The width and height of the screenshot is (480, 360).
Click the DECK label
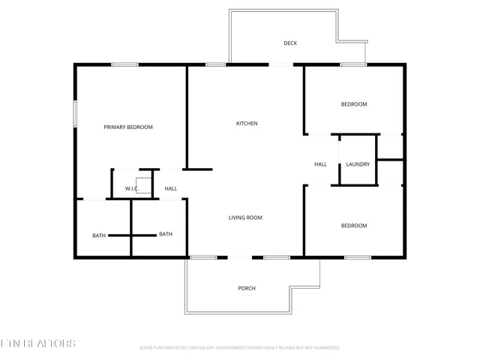(290, 43)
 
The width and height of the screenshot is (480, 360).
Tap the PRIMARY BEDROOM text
(128, 127)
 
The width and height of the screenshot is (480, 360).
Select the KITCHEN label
(247, 124)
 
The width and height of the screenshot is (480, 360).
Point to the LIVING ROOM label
(245, 217)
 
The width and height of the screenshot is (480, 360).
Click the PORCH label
(247, 288)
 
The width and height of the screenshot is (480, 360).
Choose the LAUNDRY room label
(358, 163)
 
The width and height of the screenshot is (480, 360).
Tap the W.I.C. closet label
(131, 188)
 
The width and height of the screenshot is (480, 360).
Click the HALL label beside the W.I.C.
(171, 188)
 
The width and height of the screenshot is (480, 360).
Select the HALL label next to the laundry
(320, 163)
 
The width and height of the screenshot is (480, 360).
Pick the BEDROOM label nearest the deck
(354, 104)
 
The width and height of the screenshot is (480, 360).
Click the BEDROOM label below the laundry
(354, 226)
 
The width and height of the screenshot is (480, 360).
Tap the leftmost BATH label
(99, 236)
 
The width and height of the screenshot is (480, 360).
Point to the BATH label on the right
(166, 234)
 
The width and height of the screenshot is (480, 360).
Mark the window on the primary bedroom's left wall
(74, 112)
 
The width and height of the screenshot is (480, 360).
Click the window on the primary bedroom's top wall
(124, 64)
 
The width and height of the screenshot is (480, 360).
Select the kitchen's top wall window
(216, 64)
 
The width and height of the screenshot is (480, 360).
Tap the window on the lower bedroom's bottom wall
(357, 258)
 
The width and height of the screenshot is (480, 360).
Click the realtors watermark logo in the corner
(37, 343)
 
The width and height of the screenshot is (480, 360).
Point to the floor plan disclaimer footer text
(239, 348)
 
